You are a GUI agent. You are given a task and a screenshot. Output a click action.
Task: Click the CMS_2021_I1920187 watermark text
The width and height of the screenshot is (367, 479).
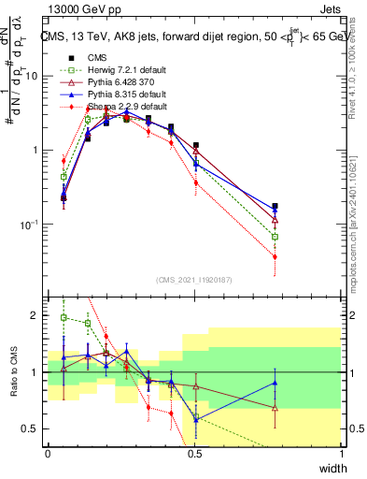pyautogui.click(x=195, y=279)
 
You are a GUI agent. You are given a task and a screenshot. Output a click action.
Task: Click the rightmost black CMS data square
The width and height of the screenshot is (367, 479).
pyautogui.click(x=275, y=206)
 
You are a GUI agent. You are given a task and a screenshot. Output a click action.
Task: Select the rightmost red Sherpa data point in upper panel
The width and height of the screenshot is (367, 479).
pyautogui.click(x=275, y=271)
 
